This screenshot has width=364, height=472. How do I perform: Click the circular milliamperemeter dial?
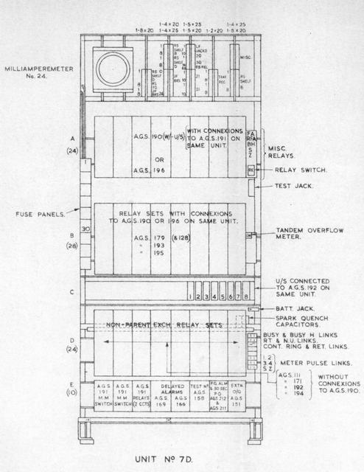coord(112,69)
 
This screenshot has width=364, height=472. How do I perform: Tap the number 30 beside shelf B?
coord(85,229)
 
